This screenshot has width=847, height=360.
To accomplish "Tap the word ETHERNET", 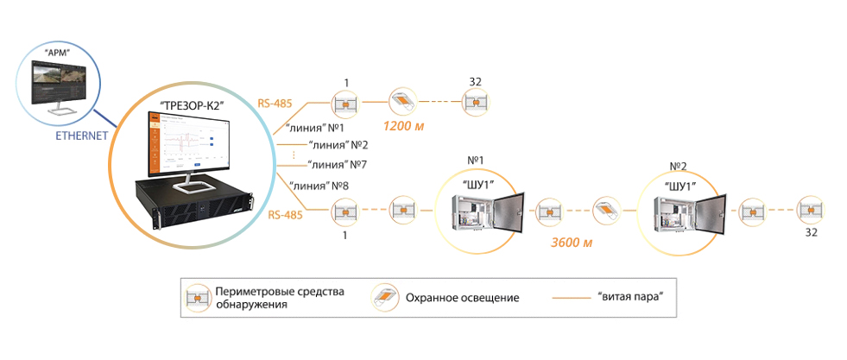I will (x=78, y=136).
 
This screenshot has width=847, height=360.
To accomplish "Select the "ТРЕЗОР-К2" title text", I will (x=191, y=106).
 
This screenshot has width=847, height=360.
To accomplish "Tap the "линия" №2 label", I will (x=338, y=144).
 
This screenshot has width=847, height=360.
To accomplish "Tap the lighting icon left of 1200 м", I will (x=403, y=102).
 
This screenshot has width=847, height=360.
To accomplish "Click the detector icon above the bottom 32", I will (x=810, y=211).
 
